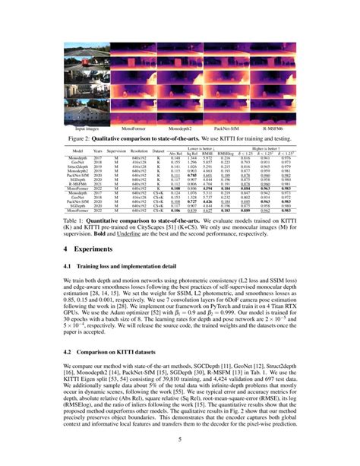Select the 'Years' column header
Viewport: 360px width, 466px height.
98,151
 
